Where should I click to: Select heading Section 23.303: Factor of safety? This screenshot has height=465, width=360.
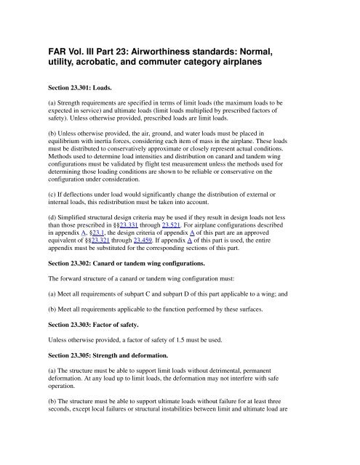pyautogui.click(x=103, y=346)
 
